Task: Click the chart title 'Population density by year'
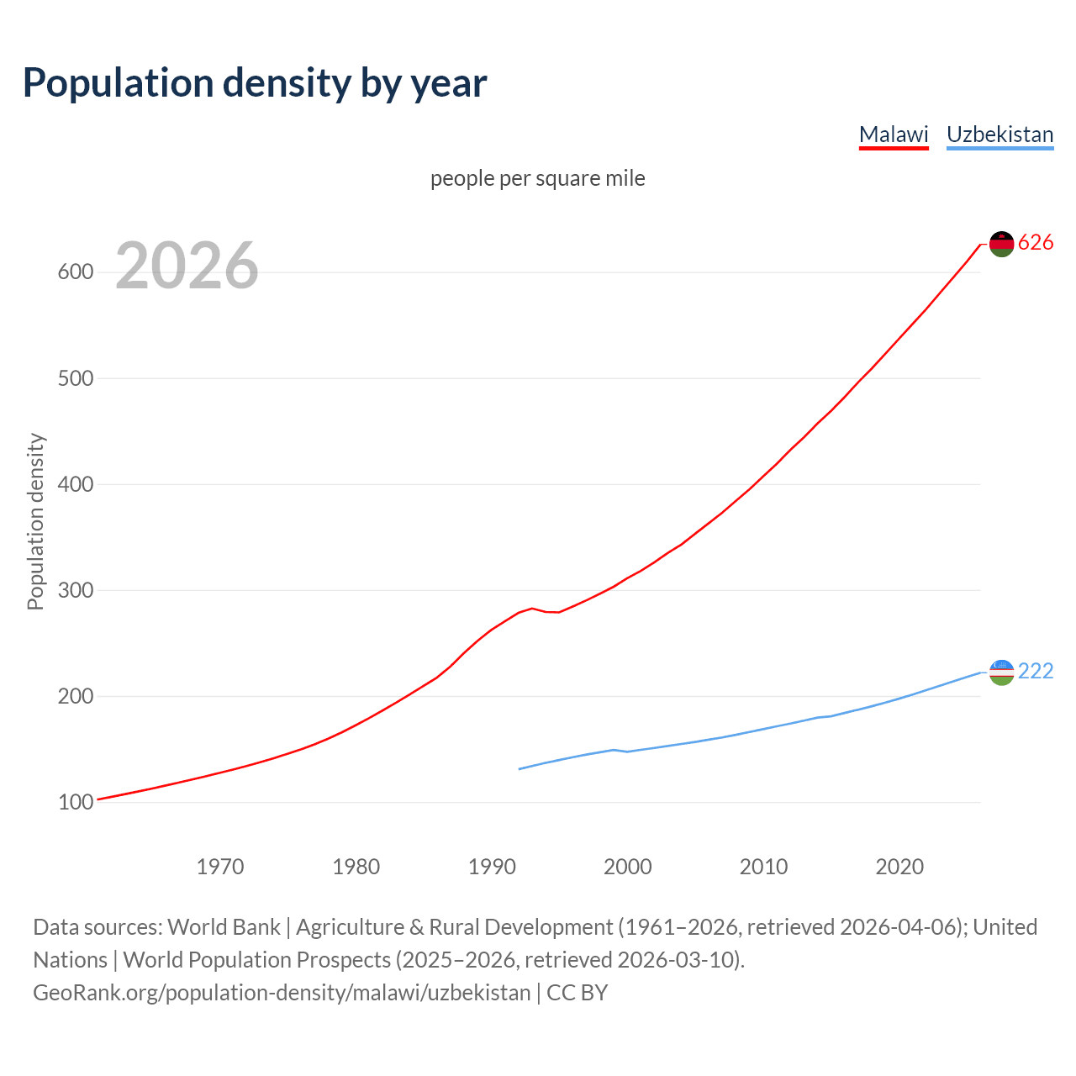[x=255, y=82]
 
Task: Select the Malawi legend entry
[x=893, y=134]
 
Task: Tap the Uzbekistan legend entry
[x=1000, y=134]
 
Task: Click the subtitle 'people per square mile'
[x=537, y=178]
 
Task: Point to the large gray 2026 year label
[x=187, y=266]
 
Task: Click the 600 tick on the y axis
[x=75, y=272]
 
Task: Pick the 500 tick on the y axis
[x=75, y=378]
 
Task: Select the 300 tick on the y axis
[x=75, y=590]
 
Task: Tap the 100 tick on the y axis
[x=75, y=803]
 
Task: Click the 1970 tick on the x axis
[x=220, y=867]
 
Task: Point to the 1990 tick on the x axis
[x=492, y=867]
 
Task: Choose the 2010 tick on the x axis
[x=763, y=867]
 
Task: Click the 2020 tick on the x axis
[x=899, y=867]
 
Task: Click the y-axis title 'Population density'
[x=35, y=521]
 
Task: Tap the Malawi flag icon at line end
[x=1001, y=244]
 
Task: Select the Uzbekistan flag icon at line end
[x=1001, y=672]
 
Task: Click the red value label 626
[x=1036, y=243]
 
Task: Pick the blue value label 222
[x=1036, y=671]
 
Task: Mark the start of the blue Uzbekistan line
[x=520, y=768]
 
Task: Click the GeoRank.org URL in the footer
[x=282, y=993]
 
